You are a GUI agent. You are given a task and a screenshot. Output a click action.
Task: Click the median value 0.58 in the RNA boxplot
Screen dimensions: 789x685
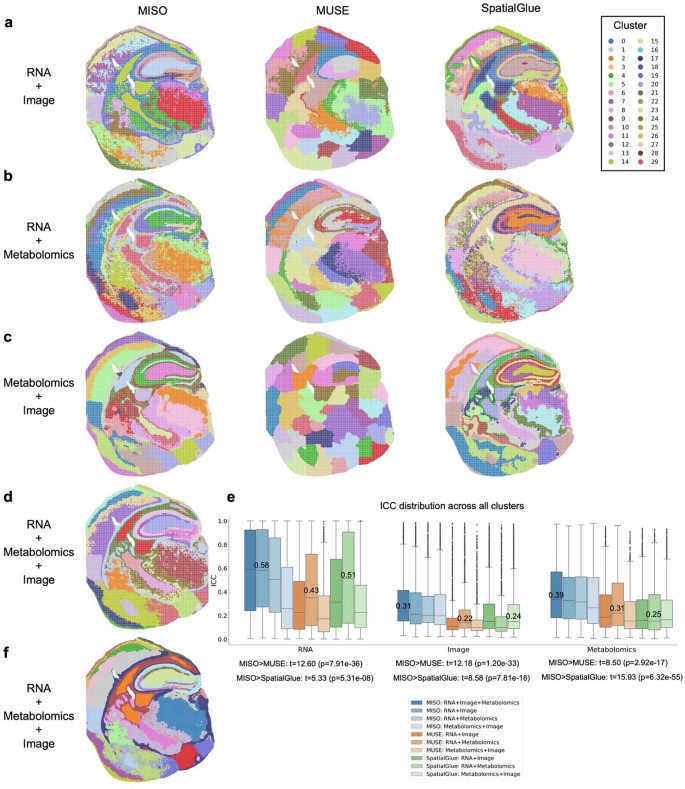pos(262,566)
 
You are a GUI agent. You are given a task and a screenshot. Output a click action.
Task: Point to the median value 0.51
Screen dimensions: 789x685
pos(348,575)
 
